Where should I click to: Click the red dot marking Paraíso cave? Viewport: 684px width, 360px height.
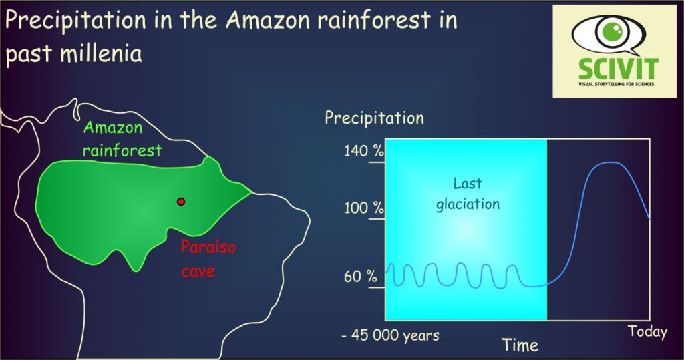(x=180, y=202)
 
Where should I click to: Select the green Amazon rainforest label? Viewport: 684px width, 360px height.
(x=122, y=139)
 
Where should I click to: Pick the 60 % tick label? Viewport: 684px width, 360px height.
(x=361, y=276)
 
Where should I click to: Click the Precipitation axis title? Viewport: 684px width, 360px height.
(x=374, y=118)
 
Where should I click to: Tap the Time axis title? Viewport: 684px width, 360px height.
(x=519, y=345)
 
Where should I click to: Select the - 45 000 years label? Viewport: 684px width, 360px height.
(x=390, y=335)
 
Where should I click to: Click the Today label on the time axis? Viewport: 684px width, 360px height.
(x=647, y=331)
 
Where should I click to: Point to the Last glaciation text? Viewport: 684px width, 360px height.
(x=468, y=193)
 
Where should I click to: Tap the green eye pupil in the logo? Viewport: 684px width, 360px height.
(x=609, y=31)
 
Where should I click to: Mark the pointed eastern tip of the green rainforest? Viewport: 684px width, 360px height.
(x=252, y=191)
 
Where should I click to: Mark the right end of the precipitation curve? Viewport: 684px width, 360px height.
(x=649, y=218)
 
